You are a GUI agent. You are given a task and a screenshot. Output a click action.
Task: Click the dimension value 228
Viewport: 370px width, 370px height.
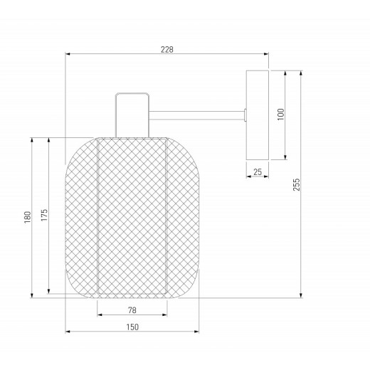click(167, 49)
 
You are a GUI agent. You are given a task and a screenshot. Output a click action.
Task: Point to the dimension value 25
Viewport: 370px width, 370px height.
click(256, 171)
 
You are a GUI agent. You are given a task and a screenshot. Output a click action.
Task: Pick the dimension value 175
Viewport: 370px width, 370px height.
click(44, 216)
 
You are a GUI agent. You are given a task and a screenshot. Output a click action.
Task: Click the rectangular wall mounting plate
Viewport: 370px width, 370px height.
click(256, 115)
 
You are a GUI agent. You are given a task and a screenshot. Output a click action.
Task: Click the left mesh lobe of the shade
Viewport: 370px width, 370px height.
click(80, 216)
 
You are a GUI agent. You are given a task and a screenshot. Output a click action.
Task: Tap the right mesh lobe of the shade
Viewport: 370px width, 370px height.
click(181, 216)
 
